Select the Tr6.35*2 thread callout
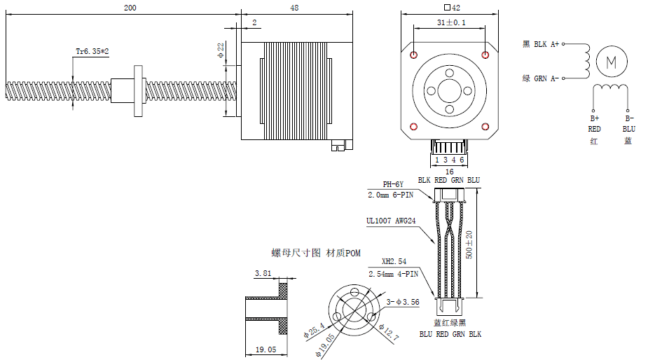coord(92,51)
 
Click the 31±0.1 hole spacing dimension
coord(448,23)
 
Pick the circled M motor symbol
coord(609,62)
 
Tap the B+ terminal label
coord(594,119)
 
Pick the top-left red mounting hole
coord(415,55)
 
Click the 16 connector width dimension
coord(449,171)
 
